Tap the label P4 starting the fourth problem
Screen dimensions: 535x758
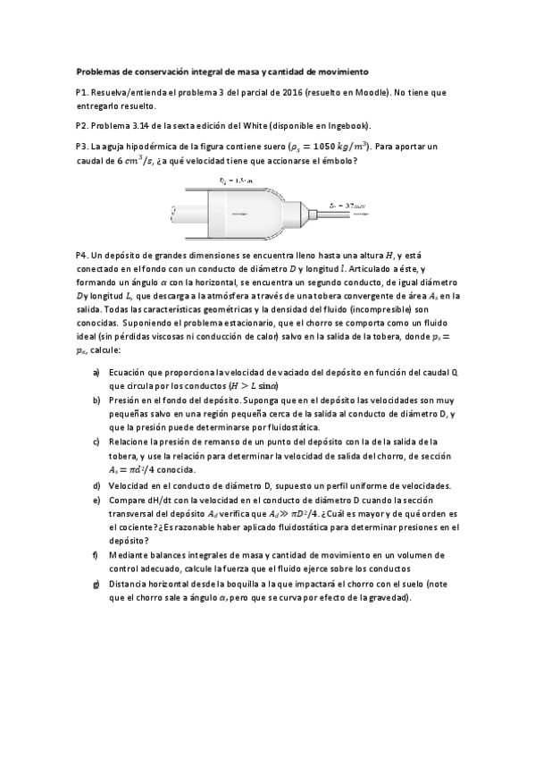click(x=83, y=256)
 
